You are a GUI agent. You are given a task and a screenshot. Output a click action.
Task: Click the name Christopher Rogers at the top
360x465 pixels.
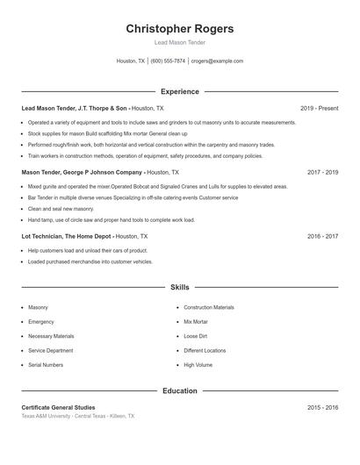point(180,29)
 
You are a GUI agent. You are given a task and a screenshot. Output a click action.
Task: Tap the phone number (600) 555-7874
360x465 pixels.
point(168,61)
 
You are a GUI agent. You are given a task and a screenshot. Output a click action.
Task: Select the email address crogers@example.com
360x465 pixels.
point(217,61)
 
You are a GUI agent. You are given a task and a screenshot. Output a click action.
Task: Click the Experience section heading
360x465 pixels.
point(180,91)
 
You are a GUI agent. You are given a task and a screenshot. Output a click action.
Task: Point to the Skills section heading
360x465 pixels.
point(180,287)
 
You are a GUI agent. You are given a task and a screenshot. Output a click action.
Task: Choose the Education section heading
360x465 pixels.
point(180,390)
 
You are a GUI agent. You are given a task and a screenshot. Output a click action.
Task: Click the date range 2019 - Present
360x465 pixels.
point(319,108)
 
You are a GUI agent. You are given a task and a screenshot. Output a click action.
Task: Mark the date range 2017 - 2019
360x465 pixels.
point(322,172)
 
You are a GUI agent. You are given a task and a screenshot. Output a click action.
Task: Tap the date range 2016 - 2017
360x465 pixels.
point(322,236)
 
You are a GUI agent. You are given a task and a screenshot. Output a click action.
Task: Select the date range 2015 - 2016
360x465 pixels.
point(322,408)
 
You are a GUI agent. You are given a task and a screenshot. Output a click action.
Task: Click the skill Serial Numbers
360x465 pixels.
point(46,364)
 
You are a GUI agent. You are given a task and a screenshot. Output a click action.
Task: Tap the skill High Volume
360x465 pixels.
point(198,364)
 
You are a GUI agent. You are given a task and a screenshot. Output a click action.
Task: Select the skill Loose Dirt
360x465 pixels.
point(197,336)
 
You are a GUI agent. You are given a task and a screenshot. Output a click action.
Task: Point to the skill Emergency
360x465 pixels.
point(41,322)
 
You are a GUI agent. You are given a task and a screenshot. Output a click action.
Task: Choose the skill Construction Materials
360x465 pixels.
point(209,308)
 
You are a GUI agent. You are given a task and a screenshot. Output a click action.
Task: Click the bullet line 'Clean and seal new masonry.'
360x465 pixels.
point(61,209)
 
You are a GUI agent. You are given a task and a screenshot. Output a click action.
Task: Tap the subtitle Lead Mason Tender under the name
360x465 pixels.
point(180,42)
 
